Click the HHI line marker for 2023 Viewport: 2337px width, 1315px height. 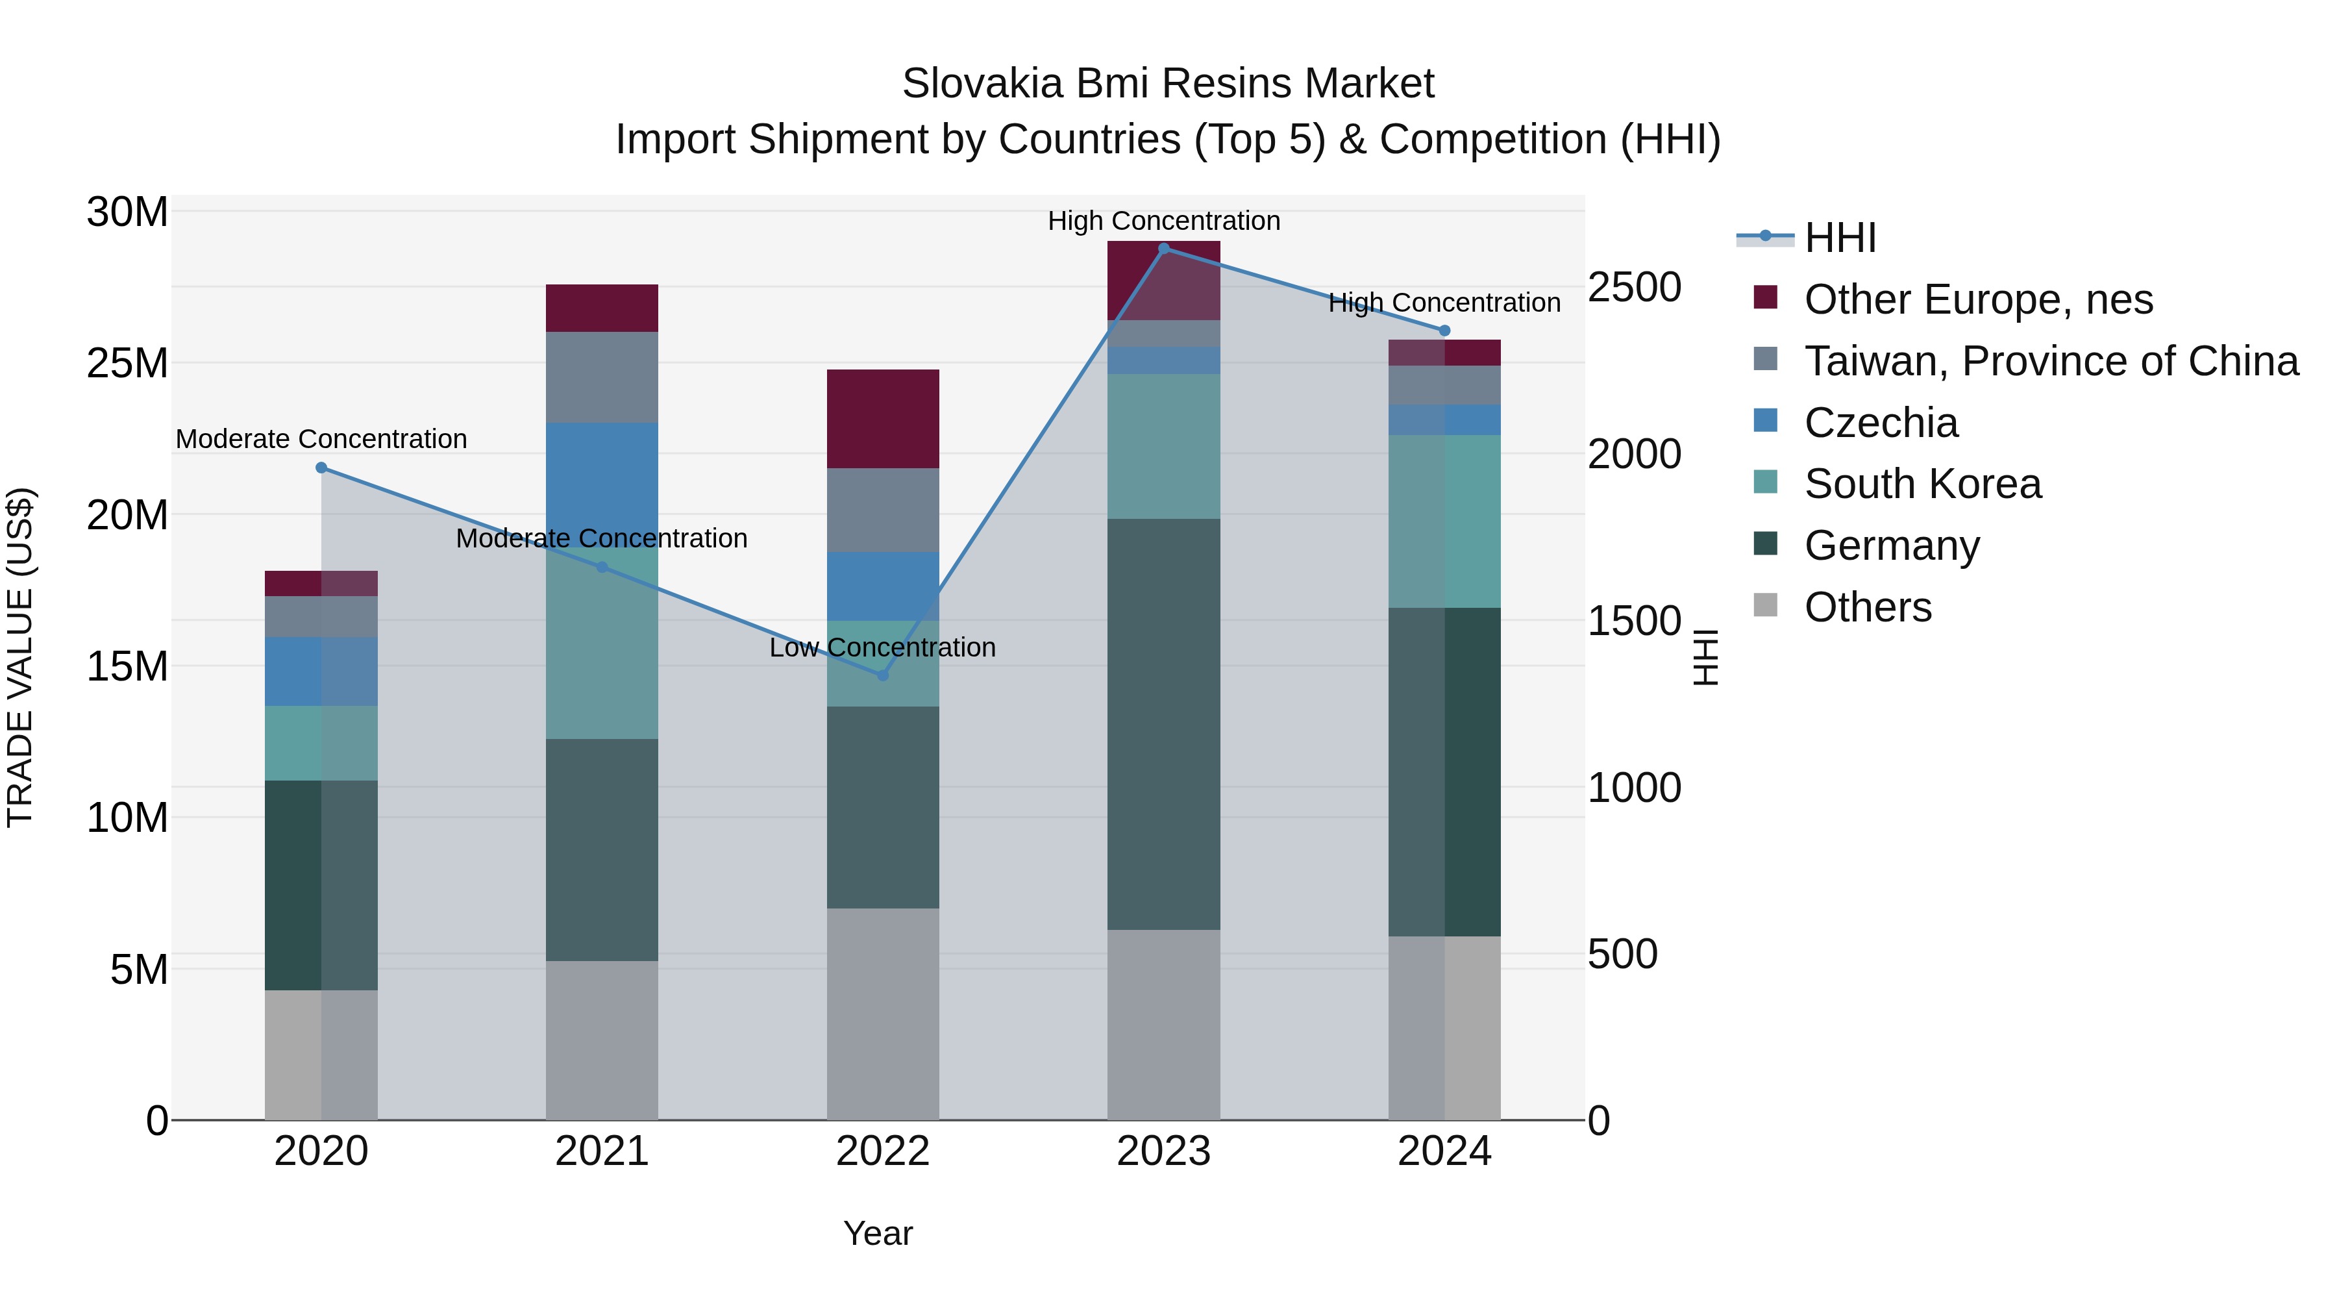(1164, 249)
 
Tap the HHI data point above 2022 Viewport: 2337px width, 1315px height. (883, 675)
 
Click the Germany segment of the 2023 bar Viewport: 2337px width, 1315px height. (1164, 724)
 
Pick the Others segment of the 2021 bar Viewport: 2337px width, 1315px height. (602, 1040)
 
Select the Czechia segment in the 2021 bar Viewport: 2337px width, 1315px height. (602, 481)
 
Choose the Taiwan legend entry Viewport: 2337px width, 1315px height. (2050, 361)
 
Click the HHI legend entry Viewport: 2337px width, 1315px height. (1840, 238)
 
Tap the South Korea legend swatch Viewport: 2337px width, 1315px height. (1766, 482)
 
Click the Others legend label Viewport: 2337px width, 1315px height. (1868, 607)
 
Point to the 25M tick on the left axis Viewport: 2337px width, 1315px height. (127, 364)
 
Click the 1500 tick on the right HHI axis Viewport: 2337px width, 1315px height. (1634, 621)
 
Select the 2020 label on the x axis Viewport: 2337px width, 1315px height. (321, 1151)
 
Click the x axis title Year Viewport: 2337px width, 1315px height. (877, 1233)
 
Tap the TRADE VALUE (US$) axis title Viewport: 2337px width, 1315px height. (20, 657)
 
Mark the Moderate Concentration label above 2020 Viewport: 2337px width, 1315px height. (321, 439)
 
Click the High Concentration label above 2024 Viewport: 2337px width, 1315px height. (1444, 303)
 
